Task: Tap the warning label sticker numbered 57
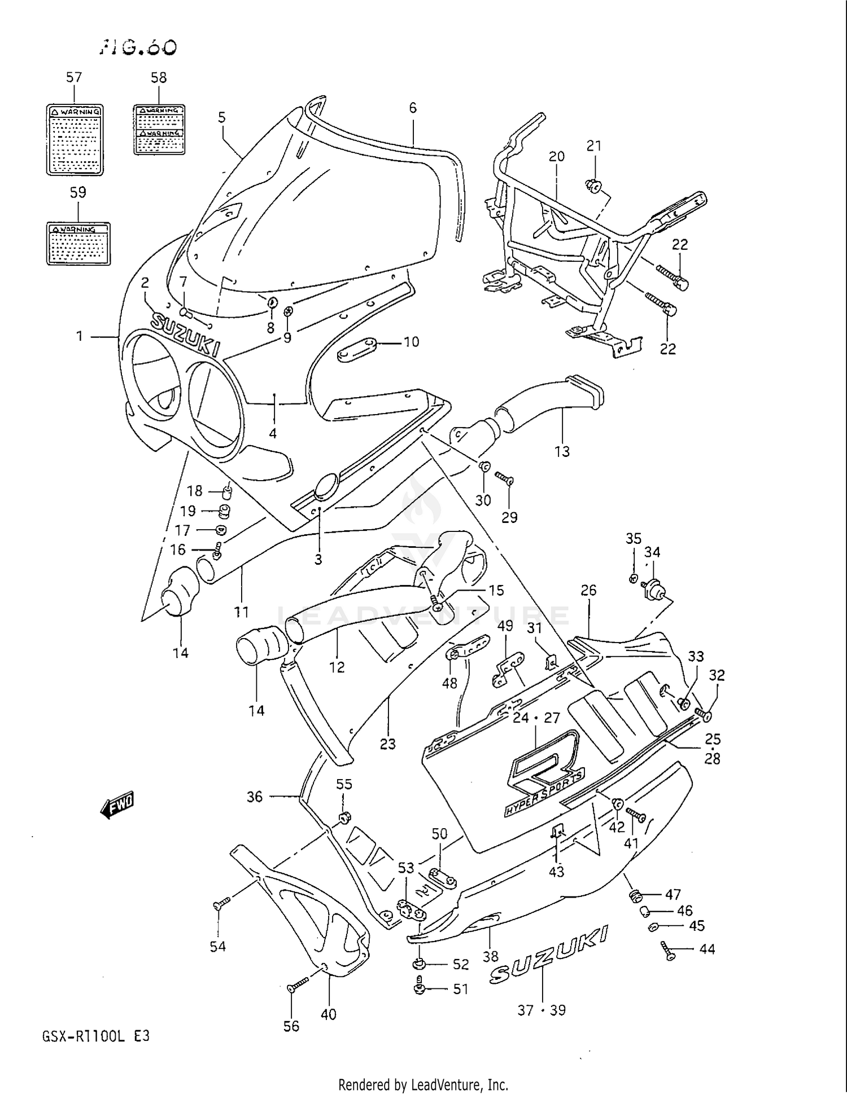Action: [75, 139]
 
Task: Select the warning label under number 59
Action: [78, 244]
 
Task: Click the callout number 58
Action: [159, 78]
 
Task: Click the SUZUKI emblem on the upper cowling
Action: [185, 335]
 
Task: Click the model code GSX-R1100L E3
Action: [96, 1036]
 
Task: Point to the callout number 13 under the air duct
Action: [562, 451]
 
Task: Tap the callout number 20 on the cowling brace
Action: [556, 156]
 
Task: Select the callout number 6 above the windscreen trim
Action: [413, 108]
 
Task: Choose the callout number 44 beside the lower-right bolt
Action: [707, 949]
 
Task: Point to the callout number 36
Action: [255, 797]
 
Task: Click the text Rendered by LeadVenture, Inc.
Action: [423, 1084]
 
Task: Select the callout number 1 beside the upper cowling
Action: [80, 336]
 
